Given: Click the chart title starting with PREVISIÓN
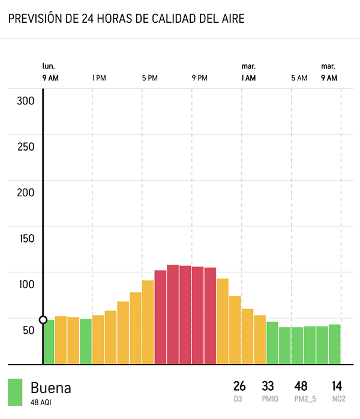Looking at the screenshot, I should click(126, 19).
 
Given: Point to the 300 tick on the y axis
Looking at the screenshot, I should click(25, 101).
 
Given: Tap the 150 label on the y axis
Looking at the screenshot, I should click(25, 238).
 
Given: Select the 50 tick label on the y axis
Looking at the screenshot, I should click(28, 330).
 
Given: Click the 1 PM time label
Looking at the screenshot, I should click(99, 78).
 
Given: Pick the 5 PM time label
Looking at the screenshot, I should click(149, 78).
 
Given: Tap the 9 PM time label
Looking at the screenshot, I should click(199, 78).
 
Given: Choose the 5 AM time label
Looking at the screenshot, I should click(299, 78).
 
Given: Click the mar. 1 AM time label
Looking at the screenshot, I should click(248, 72).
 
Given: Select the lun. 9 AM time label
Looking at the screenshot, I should click(50, 72).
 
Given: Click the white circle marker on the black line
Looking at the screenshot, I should click(43, 320).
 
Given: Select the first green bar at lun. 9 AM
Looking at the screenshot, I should click(49, 342).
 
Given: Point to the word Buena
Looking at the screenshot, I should click(50, 388).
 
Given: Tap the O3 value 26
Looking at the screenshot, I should click(239, 386).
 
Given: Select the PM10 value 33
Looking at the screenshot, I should click(268, 386).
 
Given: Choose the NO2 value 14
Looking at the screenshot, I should click(338, 386).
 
